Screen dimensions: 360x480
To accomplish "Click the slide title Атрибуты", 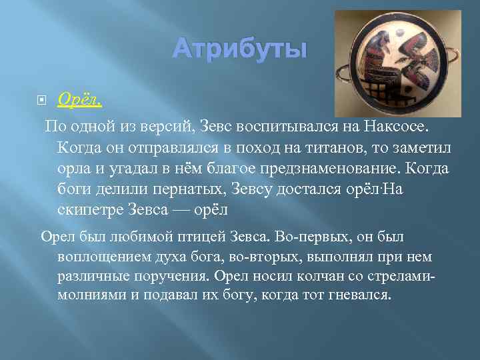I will coord(240,48).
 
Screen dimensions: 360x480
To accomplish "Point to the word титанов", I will coord(319,146).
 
